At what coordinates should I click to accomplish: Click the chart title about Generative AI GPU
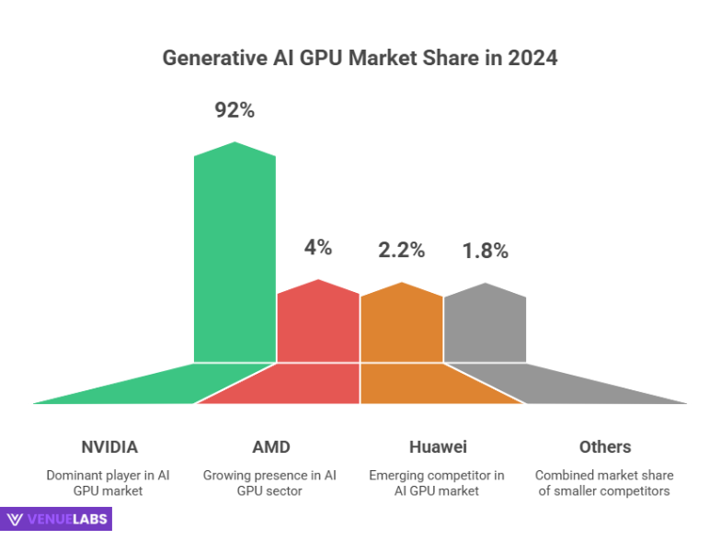[x=360, y=57]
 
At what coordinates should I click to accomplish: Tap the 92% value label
[x=235, y=111]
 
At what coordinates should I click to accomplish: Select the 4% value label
[x=317, y=247]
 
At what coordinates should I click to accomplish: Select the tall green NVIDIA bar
[x=235, y=257]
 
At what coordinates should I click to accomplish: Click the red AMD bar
[x=317, y=326]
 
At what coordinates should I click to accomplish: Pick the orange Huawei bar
[x=401, y=326]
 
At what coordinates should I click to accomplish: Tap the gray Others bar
[x=485, y=326]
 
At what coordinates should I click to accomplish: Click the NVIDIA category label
[x=109, y=447]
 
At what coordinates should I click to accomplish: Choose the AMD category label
[x=271, y=447]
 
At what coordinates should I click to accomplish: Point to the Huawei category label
[x=438, y=447]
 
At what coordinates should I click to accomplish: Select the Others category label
[x=604, y=447]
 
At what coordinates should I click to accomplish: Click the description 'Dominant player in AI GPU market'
[x=109, y=483]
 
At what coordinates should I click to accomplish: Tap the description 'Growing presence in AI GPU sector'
[x=271, y=483]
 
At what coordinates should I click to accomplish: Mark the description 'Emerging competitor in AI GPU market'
[x=438, y=483]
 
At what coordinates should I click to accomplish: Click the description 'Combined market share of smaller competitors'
[x=604, y=483]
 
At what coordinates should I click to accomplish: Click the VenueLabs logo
[x=56, y=520]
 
